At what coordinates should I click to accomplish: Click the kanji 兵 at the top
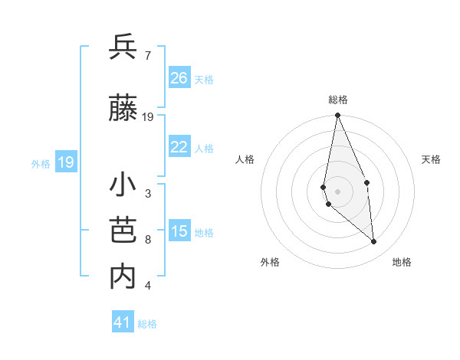pos(123,48)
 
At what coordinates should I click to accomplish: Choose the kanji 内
pos(123,277)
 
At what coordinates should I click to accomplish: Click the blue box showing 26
pos(179,77)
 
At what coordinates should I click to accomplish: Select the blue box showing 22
pos(179,147)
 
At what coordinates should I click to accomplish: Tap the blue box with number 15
pos(179,231)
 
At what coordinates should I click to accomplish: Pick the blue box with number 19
pos(65,162)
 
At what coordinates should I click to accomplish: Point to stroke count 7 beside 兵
pos(147,55)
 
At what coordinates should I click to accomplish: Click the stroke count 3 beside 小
pos(148,194)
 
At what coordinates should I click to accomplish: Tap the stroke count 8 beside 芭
pos(148,240)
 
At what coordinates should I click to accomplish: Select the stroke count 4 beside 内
pos(148,286)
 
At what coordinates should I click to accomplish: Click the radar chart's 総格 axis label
pos(337,100)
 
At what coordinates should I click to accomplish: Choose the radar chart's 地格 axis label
pos(402,262)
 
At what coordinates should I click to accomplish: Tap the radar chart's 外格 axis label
pos(270,262)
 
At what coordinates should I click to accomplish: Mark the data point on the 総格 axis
pos(337,116)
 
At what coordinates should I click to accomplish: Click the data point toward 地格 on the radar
pos(374,242)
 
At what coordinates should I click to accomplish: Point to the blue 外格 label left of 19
pos(40,163)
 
